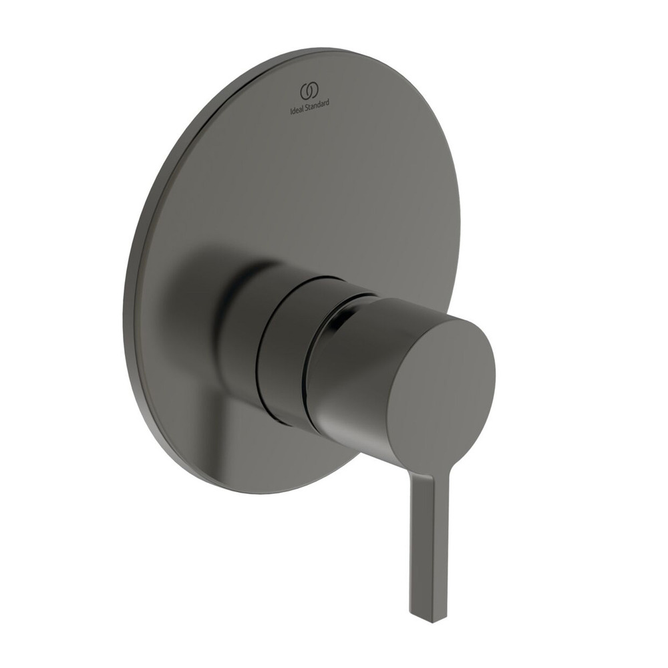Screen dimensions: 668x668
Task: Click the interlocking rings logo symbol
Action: [309, 91]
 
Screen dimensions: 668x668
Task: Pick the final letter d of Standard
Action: [327, 102]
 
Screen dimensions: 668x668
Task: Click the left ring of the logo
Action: [305, 92]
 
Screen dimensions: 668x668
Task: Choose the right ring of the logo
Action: [313, 91]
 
